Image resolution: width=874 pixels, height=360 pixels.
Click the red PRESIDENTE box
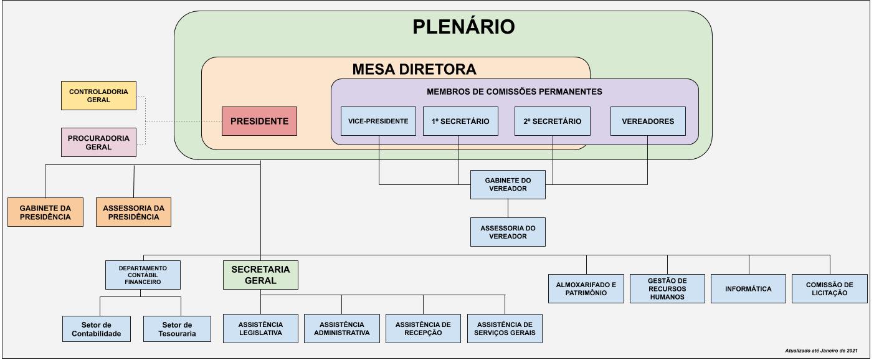click(x=259, y=121)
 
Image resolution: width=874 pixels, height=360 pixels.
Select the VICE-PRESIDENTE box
click(x=378, y=121)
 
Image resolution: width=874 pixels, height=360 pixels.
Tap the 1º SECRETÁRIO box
click(x=460, y=121)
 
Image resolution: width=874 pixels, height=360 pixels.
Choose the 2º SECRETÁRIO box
click(x=552, y=121)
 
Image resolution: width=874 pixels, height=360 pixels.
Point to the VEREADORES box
click(x=648, y=121)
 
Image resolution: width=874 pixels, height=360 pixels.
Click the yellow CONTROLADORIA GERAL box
click(x=98, y=95)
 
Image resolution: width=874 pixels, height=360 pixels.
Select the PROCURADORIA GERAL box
click(x=98, y=142)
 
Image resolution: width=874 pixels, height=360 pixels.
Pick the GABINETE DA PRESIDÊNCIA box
click(x=45, y=212)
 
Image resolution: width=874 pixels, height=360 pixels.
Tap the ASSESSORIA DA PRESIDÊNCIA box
click(x=133, y=212)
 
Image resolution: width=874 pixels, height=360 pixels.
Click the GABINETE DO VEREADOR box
click(x=508, y=184)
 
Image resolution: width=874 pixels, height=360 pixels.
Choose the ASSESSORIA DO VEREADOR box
click(x=508, y=232)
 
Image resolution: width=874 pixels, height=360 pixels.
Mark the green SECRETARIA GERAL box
click(x=260, y=275)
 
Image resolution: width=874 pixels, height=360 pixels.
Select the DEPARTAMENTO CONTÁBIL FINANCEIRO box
click(x=143, y=275)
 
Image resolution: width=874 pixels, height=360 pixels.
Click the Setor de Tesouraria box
click(x=181, y=329)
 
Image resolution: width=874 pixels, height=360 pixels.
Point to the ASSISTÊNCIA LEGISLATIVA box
click(x=260, y=328)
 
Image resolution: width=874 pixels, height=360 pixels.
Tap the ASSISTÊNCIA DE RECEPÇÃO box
click(x=423, y=328)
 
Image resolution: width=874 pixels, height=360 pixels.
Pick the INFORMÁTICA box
click(x=748, y=288)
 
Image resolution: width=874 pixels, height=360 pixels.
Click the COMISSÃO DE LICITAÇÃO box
click(x=829, y=288)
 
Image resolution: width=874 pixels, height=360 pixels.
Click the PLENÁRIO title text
click(x=463, y=27)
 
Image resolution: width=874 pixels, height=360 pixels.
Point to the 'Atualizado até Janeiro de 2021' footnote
click(x=821, y=351)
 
